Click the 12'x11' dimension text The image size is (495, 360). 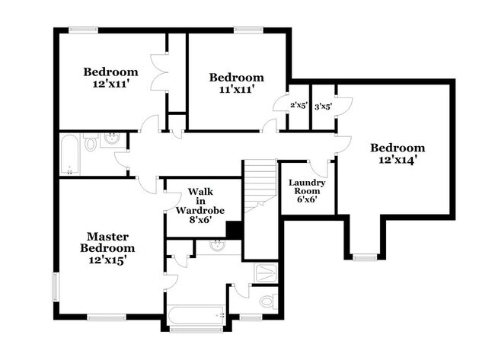(x=109, y=84)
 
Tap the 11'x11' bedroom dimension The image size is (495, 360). (x=237, y=89)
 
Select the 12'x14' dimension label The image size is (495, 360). (x=397, y=160)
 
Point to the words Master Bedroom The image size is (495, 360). (x=110, y=242)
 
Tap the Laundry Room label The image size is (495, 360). (x=307, y=188)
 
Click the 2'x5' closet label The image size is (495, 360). (x=299, y=107)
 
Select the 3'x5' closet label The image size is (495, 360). (x=323, y=107)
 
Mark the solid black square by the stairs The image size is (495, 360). (x=235, y=230)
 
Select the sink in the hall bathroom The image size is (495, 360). (x=112, y=139)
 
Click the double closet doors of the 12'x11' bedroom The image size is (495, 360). (x=161, y=72)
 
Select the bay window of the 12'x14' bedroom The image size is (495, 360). (x=365, y=257)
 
